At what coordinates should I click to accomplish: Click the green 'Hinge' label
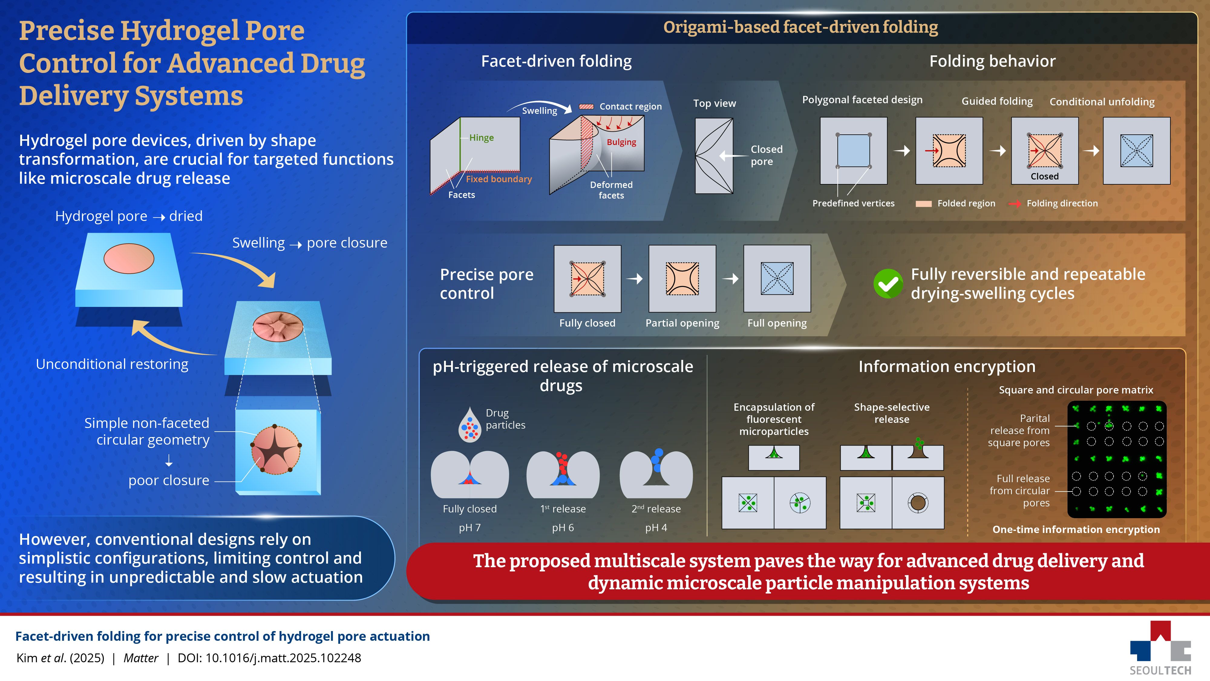(482, 138)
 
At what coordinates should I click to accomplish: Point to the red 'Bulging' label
(621, 142)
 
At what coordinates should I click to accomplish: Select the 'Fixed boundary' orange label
(499, 179)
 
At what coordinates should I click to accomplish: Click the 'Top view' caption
(715, 104)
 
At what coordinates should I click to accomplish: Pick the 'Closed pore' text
(766, 155)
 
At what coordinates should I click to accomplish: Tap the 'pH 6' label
(563, 528)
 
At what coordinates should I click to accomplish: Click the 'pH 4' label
(656, 528)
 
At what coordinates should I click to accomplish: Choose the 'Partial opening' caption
(682, 323)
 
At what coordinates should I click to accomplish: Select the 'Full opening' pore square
(777, 279)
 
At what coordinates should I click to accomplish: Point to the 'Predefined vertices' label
(853, 203)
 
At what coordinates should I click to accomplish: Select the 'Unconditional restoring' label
(112, 364)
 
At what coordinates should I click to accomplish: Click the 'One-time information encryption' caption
(1076, 530)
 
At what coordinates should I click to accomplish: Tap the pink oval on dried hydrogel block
(129, 258)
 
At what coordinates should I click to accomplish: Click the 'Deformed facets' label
(611, 190)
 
